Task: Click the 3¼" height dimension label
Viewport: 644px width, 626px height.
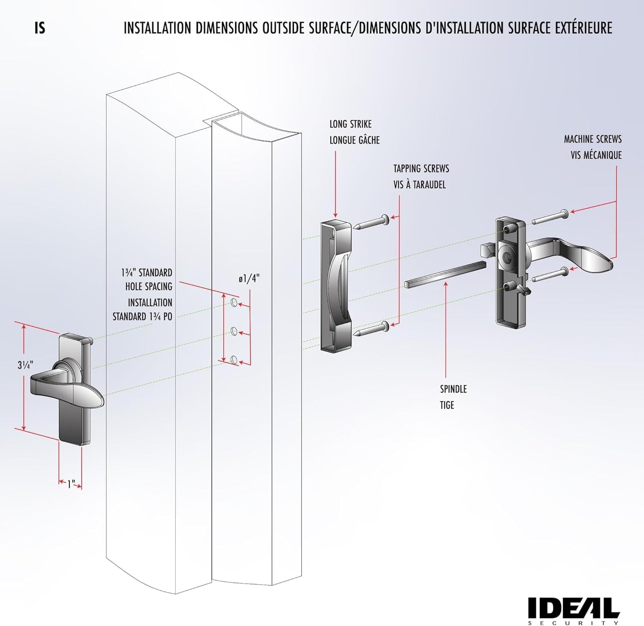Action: click(x=25, y=365)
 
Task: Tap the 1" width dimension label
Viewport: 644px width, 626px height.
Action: click(x=71, y=484)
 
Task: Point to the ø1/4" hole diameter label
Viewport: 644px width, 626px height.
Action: click(x=249, y=279)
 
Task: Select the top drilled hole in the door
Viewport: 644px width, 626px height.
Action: click(x=233, y=303)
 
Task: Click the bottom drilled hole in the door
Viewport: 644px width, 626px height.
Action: click(x=234, y=359)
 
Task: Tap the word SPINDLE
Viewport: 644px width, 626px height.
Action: click(x=453, y=389)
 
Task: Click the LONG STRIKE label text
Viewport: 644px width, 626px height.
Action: click(x=350, y=124)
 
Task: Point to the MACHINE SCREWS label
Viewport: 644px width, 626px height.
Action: click(x=592, y=139)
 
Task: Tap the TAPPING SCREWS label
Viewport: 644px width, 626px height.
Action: click(x=421, y=168)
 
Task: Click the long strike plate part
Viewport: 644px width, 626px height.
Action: click(x=336, y=285)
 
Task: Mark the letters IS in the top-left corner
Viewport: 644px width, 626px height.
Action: click(x=40, y=28)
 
